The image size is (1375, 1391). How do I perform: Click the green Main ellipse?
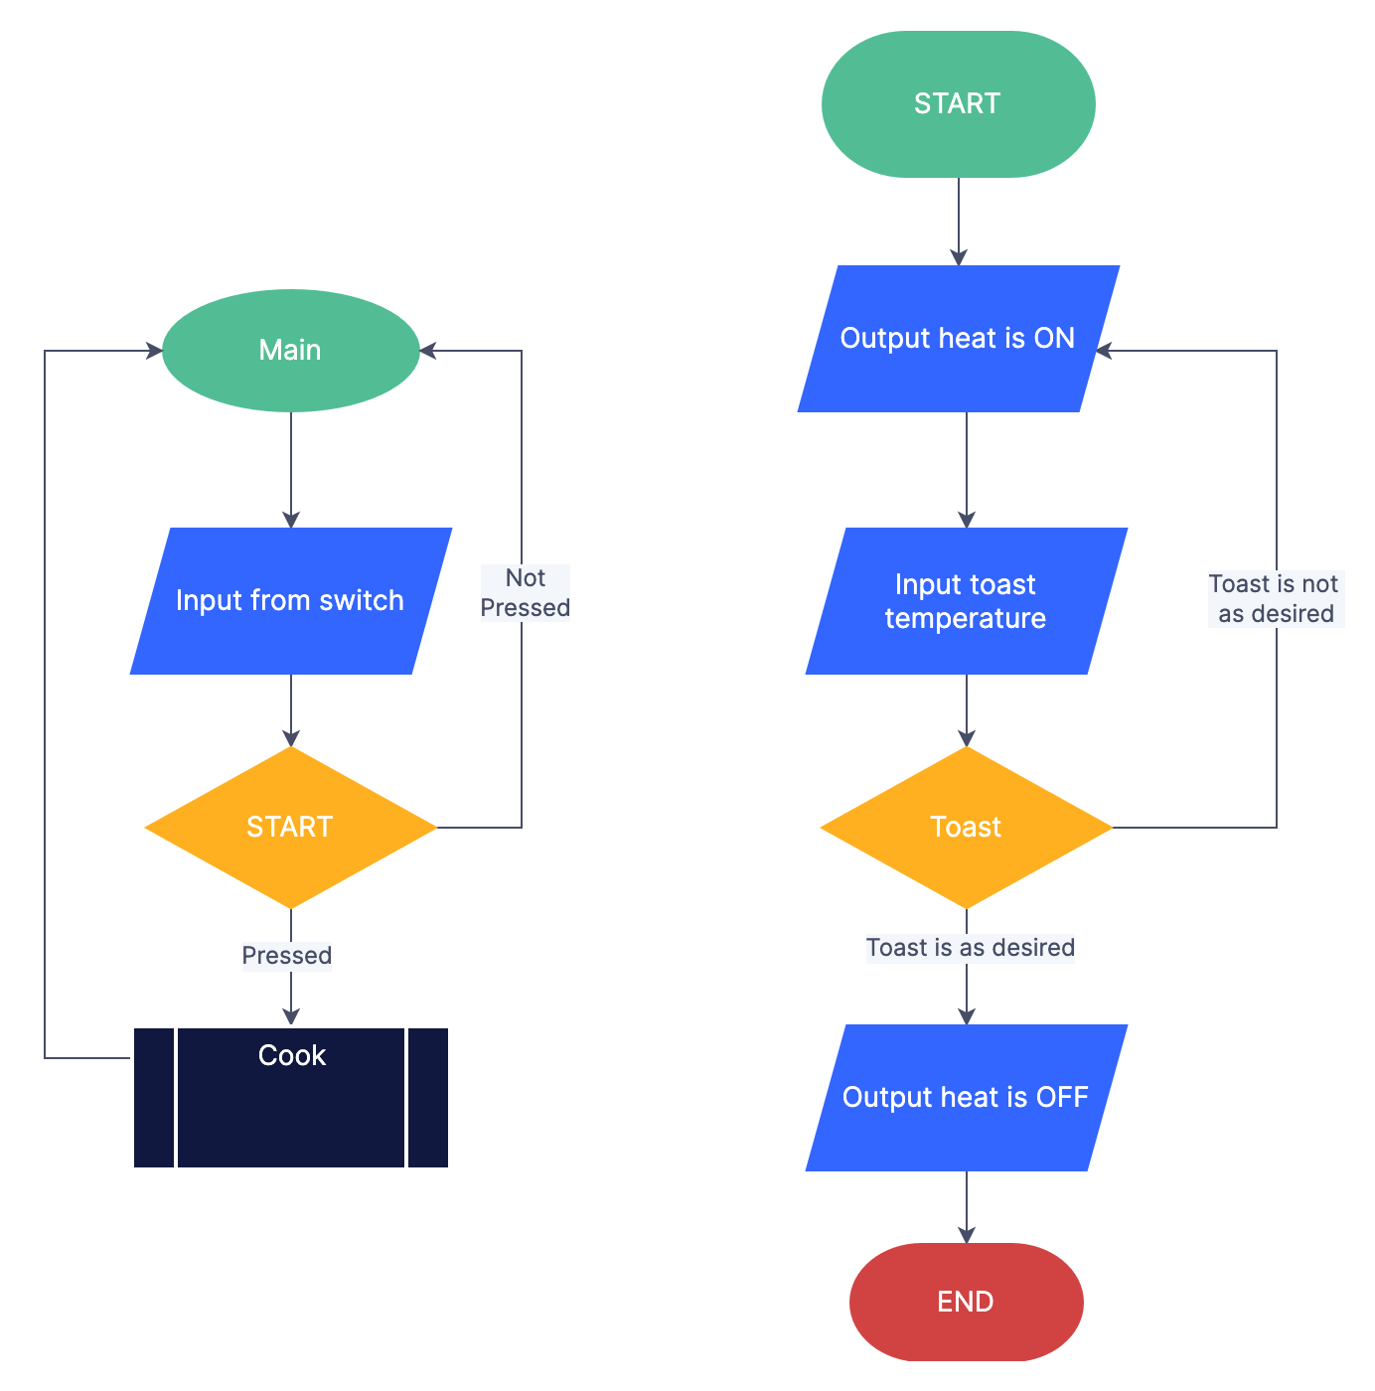290,351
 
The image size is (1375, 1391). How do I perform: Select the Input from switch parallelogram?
290,601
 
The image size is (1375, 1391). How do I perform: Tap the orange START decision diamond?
290,828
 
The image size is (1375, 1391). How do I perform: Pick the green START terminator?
958,104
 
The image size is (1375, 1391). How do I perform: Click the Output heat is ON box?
958,339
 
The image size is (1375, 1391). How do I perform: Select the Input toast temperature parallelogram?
966,601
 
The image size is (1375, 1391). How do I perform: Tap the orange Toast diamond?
966,828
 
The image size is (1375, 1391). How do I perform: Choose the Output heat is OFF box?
966,1098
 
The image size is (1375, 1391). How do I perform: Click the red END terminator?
966,1302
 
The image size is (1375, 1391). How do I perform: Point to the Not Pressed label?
525,593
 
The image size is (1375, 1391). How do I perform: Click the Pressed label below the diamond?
287,956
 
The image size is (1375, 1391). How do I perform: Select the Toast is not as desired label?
1276,599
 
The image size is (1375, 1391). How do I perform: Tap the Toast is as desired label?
970,948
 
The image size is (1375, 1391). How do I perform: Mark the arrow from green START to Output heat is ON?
959,221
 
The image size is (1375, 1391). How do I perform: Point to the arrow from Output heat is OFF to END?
967,1206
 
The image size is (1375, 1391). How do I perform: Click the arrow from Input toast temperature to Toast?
967,709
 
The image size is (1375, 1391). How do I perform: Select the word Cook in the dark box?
291,1055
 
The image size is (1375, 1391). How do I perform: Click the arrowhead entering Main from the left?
154,351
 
